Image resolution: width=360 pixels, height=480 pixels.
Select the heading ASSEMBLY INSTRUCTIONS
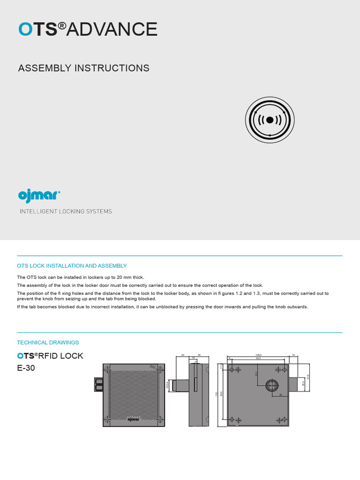pyautogui.click(x=83, y=68)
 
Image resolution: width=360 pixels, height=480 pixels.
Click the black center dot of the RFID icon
pyautogui.click(x=270, y=120)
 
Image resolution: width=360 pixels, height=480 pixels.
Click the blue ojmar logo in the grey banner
pyautogui.click(x=39, y=195)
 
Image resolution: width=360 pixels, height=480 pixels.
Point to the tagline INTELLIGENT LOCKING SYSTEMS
pyautogui.click(x=66, y=211)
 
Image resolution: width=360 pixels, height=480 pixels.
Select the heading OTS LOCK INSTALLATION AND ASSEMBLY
pyautogui.click(x=72, y=266)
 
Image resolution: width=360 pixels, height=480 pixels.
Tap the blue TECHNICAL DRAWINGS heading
pyautogui.click(x=48, y=343)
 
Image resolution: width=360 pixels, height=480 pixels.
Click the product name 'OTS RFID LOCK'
pyautogui.click(x=50, y=356)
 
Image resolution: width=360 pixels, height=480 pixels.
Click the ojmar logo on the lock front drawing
pyautogui.click(x=134, y=420)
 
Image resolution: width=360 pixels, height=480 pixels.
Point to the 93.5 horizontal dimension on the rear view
pyautogui.click(x=257, y=359)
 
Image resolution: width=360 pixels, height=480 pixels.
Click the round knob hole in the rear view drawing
pyautogui.click(x=272, y=385)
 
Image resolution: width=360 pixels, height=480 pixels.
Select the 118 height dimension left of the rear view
pyautogui.click(x=217, y=394)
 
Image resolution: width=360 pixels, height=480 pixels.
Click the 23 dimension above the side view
pyautogui.click(x=183, y=355)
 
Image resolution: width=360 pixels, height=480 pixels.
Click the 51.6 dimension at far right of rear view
pyautogui.click(x=308, y=377)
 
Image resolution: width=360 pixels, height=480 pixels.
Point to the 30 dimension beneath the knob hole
pyautogui.click(x=280, y=395)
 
